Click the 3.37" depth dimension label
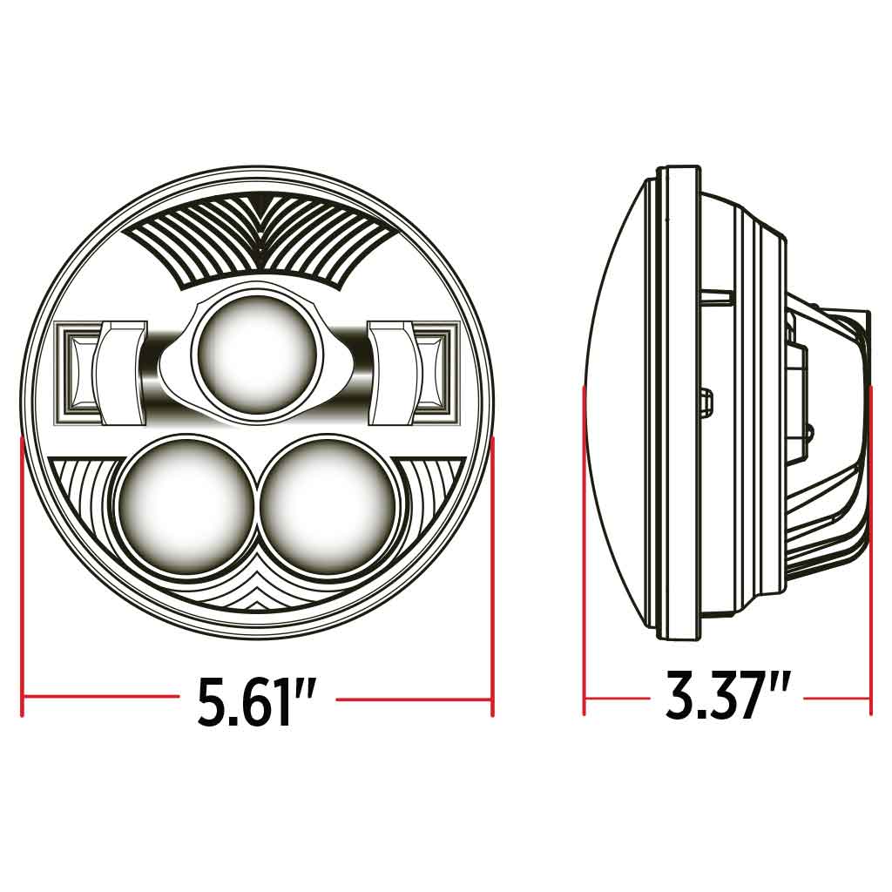click(x=727, y=696)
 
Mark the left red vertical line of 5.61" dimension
click(x=22, y=575)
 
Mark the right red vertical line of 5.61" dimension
click(x=493, y=575)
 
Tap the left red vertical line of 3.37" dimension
click(x=585, y=549)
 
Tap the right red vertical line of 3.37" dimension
click(x=870, y=549)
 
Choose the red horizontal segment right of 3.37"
click(x=836, y=698)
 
